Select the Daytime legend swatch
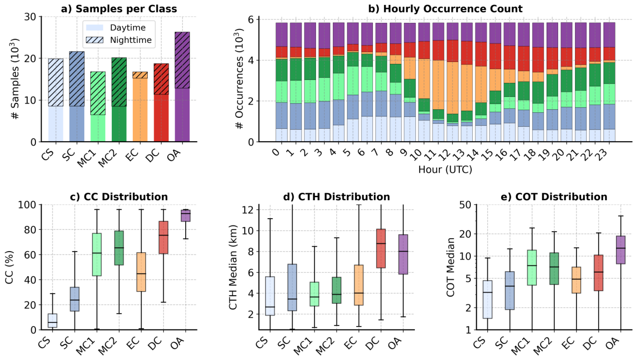pos(95,27)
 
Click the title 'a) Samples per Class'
pos(119,9)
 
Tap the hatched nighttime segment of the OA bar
pos(182,60)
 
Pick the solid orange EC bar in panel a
pos(140,110)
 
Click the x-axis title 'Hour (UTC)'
pos(445,169)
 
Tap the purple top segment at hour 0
pos(281,34)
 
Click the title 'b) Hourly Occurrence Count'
pos(445,9)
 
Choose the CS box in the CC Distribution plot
pos(52,321)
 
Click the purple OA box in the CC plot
pos(185,216)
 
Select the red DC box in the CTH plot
pos(381,248)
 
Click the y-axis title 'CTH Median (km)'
pos(233,267)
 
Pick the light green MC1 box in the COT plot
pos(532,268)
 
